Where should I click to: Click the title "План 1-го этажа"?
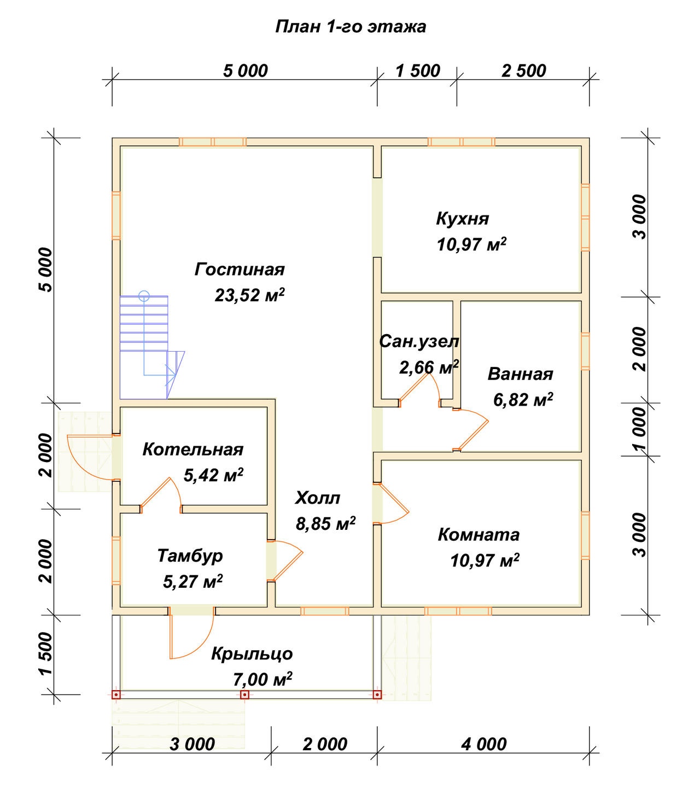(x=350, y=27)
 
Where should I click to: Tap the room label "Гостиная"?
(x=240, y=270)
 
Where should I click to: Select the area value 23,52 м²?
(x=249, y=294)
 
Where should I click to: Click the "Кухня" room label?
(x=463, y=219)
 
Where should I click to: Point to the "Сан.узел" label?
(x=419, y=341)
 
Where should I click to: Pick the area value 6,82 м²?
(x=523, y=400)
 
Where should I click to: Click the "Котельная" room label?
(x=193, y=449)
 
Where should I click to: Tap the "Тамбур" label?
(x=190, y=556)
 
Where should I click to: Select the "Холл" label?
(x=318, y=498)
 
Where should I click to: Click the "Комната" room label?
(x=479, y=535)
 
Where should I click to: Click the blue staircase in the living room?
(x=152, y=347)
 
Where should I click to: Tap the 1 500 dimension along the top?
(x=418, y=71)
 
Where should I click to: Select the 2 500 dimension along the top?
(x=523, y=71)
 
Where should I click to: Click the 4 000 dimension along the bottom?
(x=484, y=745)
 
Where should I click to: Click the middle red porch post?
(x=244, y=694)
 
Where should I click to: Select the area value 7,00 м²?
(x=262, y=680)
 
